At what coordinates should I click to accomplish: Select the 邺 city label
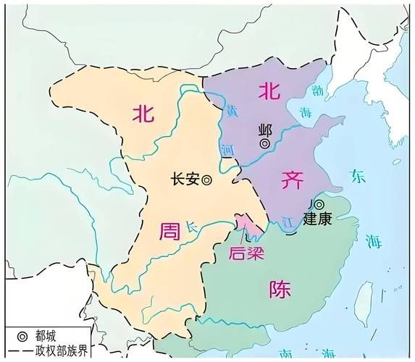click(x=265, y=131)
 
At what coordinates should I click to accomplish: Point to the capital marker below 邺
click(x=266, y=144)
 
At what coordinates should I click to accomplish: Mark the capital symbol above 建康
click(x=319, y=205)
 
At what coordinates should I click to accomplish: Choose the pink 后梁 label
click(x=246, y=253)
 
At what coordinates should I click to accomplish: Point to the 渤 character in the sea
click(x=317, y=92)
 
